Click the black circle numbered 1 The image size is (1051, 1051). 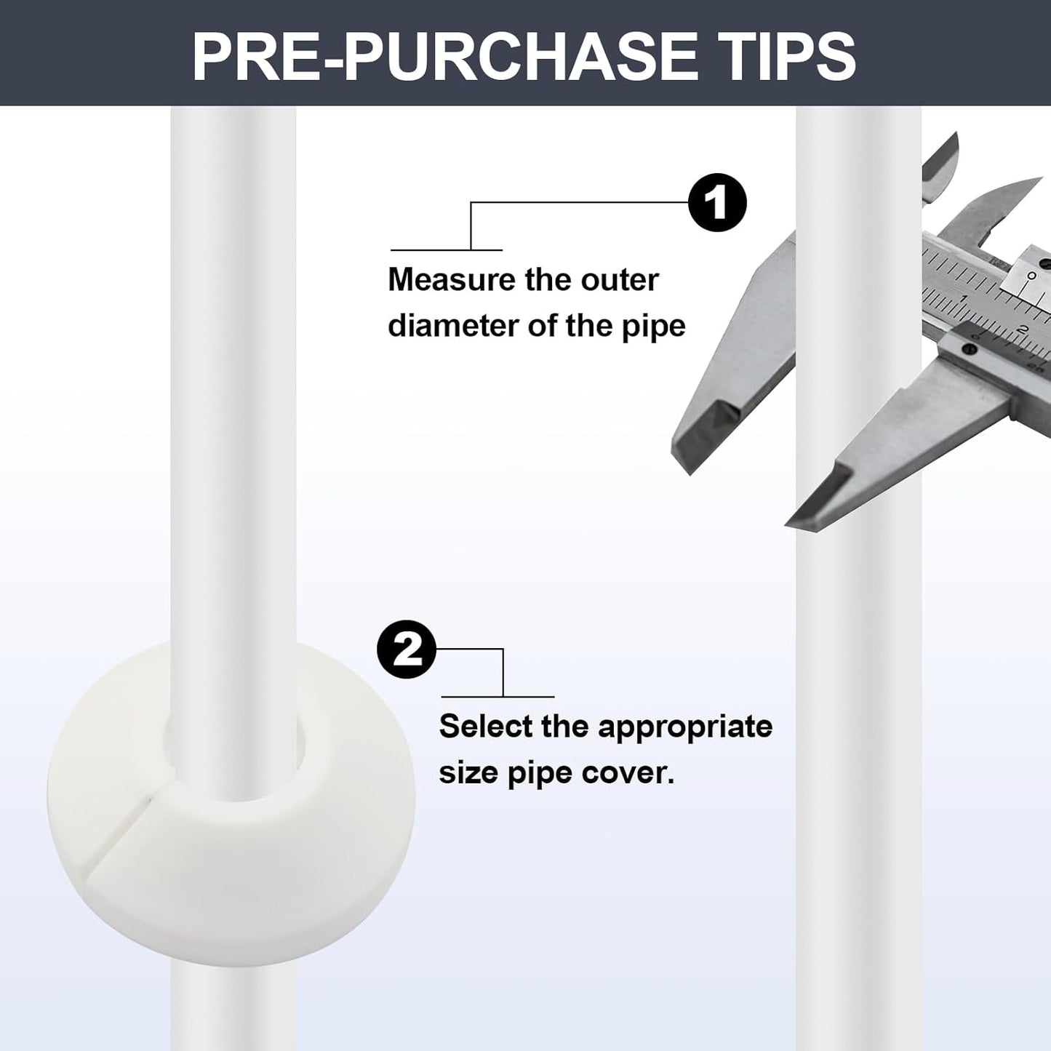click(717, 203)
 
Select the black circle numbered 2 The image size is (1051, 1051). click(407, 650)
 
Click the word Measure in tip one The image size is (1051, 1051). click(451, 280)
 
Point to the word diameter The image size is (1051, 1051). click(452, 326)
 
